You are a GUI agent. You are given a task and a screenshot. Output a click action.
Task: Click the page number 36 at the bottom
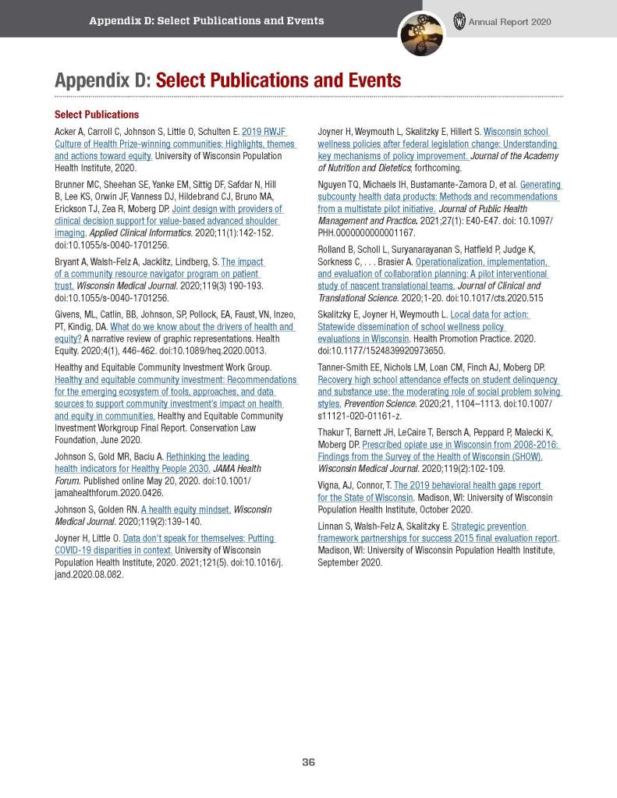pyautogui.click(x=308, y=762)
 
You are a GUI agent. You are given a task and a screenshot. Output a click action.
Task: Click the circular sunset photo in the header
pyautogui.click(x=421, y=34)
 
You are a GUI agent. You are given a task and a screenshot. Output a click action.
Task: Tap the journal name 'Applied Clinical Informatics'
pyautogui.click(x=137, y=232)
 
